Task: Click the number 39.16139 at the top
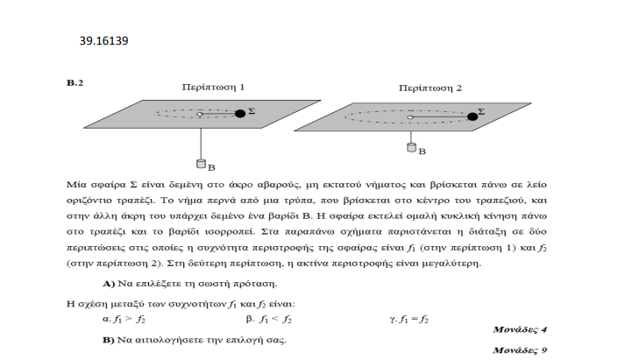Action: click(103, 40)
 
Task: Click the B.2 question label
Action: click(75, 82)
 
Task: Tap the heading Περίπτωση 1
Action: click(213, 88)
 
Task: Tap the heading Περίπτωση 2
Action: click(430, 88)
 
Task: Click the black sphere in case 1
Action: click(240, 114)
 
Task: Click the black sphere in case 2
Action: click(472, 116)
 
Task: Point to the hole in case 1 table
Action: click(200, 115)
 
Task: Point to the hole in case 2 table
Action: click(410, 117)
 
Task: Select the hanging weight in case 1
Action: click(201, 164)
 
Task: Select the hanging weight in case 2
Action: click(411, 147)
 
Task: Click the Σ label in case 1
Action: click(252, 110)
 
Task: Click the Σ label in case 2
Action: click(481, 111)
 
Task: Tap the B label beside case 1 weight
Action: click(211, 167)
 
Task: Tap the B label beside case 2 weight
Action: click(422, 152)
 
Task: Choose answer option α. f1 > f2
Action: click(124, 320)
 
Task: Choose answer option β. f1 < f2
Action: click(268, 320)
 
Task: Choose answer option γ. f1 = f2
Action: click(408, 320)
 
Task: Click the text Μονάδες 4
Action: click(520, 329)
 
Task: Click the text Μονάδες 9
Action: click(520, 350)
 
